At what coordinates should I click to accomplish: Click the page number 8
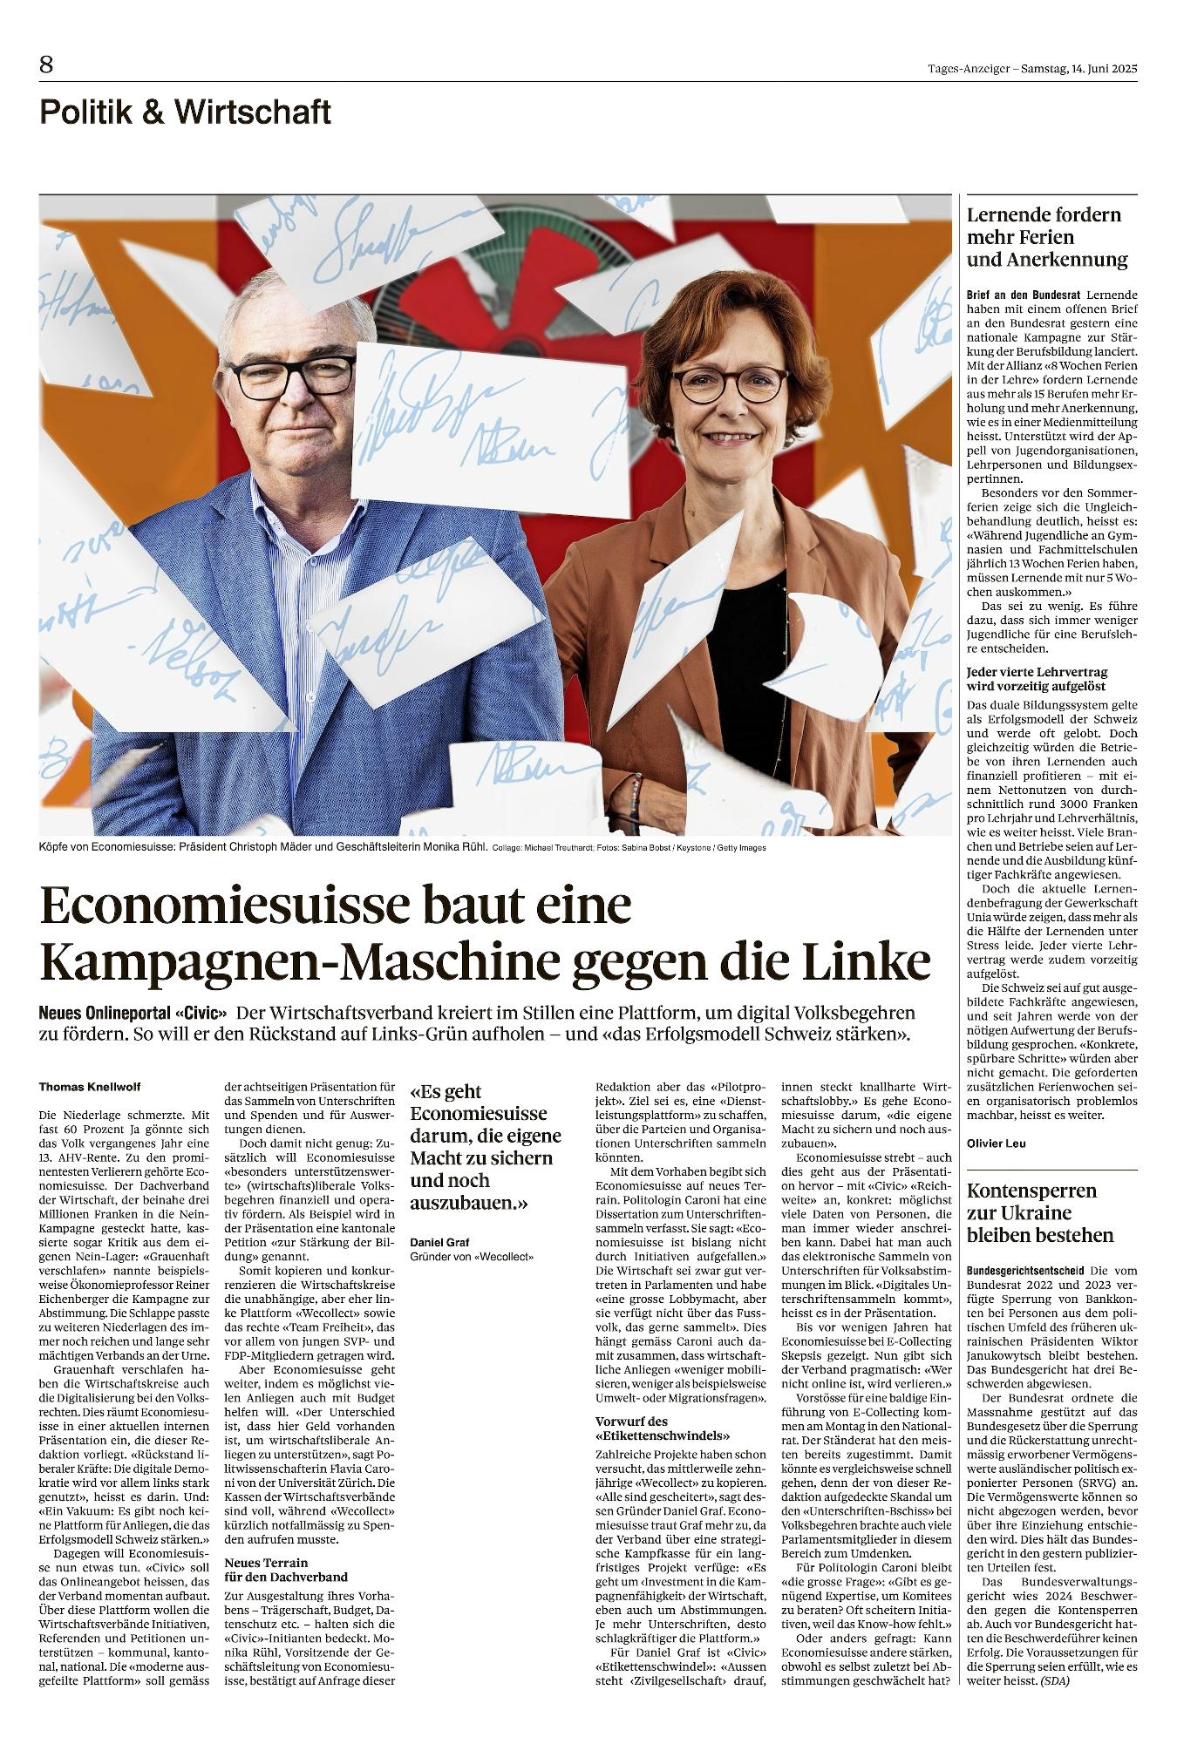click(46, 64)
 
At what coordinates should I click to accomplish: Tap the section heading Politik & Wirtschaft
click(185, 112)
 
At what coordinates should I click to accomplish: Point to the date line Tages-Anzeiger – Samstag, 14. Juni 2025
click(1032, 69)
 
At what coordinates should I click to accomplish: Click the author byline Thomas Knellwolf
click(90, 1087)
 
